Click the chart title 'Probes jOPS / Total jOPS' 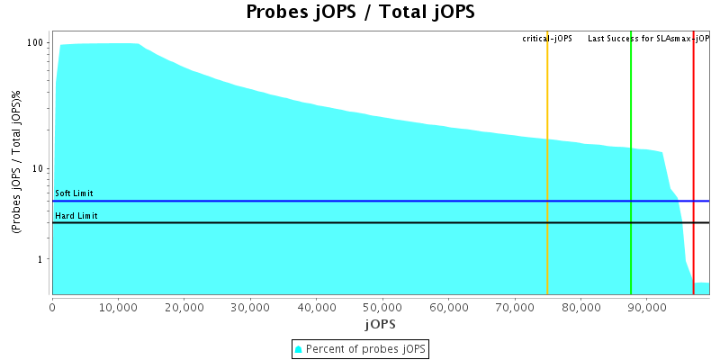pos(360,13)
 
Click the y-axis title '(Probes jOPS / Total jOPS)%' pos(16,163)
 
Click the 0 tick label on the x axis pos(52,306)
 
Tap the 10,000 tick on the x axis pos(118,306)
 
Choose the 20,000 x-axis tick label pos(184,306)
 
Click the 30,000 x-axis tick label pos(250,306)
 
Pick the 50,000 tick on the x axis pos(382,306)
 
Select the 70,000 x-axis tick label pos(514,306)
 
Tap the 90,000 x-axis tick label pos(646,306)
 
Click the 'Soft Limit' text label pos(74,193)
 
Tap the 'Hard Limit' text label pos(76,216)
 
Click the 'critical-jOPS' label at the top pos(547,39)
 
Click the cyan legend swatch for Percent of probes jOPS pos(299,348)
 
